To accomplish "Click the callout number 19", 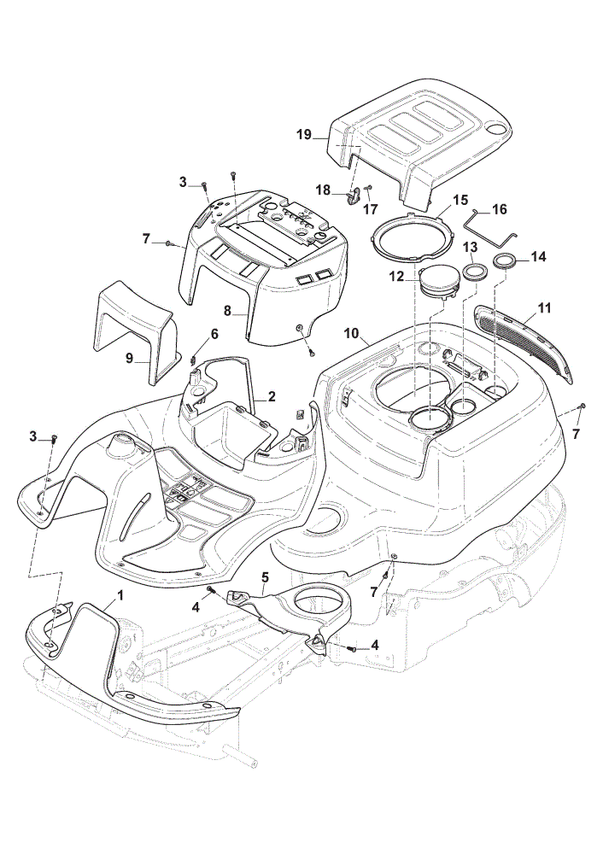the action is pos(304,135).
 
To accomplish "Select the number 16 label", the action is pos(499,209).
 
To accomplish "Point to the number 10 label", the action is pos(351,333).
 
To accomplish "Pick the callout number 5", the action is pos(265,576).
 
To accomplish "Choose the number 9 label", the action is pos(129,359).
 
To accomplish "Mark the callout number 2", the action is pos(272,396).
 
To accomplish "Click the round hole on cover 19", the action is pos(495,129).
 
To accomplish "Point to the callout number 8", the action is pos(228,312).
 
